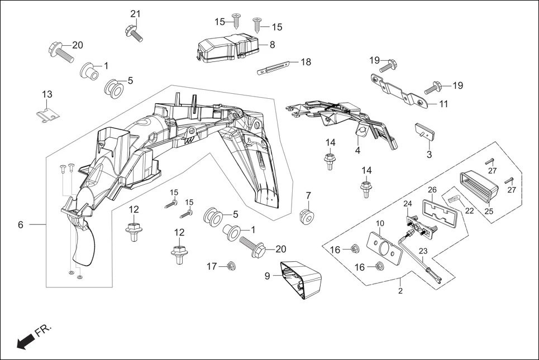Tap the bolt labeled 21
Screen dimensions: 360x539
(x=133, y=32)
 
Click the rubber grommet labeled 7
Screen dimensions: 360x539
(x=307, y=216)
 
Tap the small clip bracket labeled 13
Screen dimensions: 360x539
(x=46, y=114)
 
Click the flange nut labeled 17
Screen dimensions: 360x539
(x=230, y=267)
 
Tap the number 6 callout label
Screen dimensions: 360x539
(x=21, y=225)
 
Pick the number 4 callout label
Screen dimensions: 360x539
(x=357, y=151)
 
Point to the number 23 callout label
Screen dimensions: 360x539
(x=422, y=251)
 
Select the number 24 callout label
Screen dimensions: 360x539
(x=407, y=203)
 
